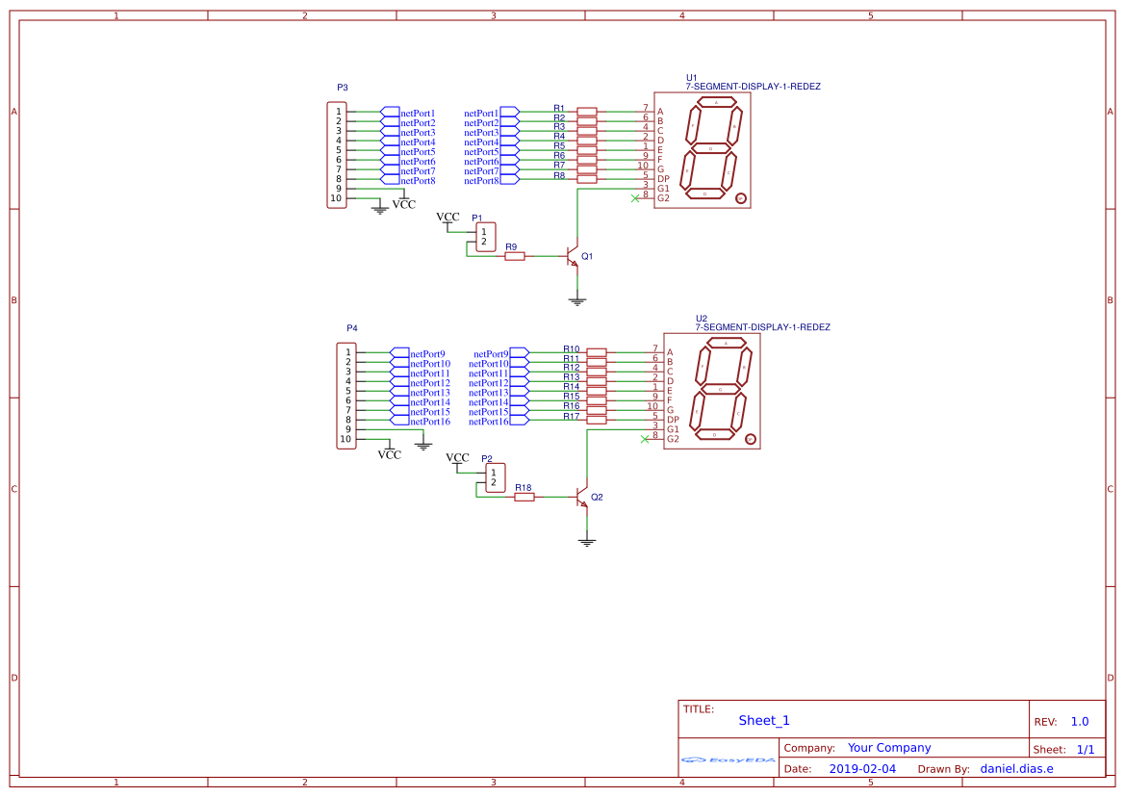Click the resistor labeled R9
[515, 256]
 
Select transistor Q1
[573, 257]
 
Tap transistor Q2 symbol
[582, 497]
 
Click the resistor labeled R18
[524, 497]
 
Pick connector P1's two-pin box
[486, 237]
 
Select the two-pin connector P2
[496, 477]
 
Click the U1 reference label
[691, 77]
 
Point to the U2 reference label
[701, 318]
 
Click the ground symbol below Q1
[577, 301]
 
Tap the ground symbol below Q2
[587, 542]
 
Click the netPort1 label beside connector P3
[418, 114]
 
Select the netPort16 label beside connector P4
[430, 422]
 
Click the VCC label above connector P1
[448, 217]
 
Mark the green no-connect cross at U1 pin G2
[634, 198]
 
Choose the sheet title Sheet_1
[764, 720]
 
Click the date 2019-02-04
[862, 768]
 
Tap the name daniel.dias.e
[1016, 768]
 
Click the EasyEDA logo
[729, 760]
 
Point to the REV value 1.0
[1079, 721]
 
